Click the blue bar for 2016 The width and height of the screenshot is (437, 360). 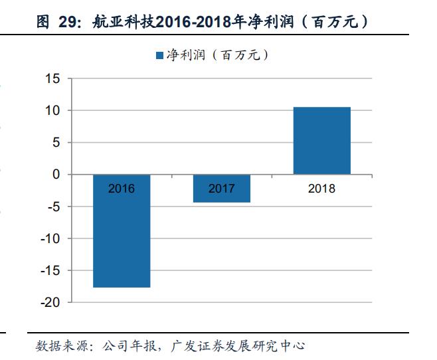[121, 239]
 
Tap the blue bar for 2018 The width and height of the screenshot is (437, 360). [321, 141]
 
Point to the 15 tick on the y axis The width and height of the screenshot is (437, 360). [53, 78]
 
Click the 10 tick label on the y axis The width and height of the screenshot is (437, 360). [53, 110]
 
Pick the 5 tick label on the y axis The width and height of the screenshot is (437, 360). [56, 142]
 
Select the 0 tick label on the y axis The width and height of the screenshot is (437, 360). [56, 174]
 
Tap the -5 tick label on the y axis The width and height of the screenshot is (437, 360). [54, 206]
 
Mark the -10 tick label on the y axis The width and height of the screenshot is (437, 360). [51, 238]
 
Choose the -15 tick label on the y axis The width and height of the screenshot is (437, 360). [51, 270]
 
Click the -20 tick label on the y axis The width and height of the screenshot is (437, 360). [51, 302]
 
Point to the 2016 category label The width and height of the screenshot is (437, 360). [121, 189]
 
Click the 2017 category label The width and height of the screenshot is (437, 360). [221, 189]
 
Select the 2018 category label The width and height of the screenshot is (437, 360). [321, 189]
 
